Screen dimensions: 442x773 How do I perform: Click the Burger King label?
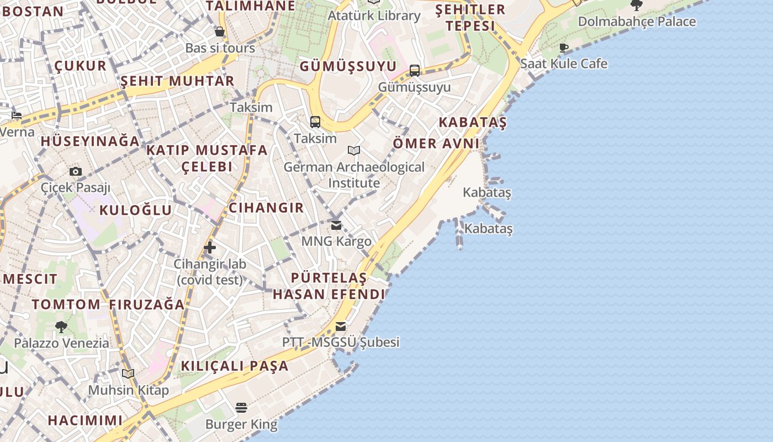pos(241,424)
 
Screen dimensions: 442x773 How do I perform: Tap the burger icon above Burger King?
pos(241,408)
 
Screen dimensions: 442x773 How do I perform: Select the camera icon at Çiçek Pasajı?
pos(76,172)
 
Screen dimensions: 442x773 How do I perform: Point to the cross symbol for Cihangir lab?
pos(210,248)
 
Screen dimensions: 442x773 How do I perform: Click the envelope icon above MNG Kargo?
pos(336,225)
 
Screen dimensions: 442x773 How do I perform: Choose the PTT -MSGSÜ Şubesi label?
pos(341,342)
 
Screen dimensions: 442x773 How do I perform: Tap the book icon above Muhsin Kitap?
pos(128,374)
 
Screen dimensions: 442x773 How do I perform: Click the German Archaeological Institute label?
pos(354,175)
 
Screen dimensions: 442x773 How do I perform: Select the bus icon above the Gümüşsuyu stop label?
pos(415,71)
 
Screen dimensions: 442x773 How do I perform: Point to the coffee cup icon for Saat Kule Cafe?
pos(564,48)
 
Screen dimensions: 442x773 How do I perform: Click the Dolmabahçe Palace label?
pos(637,22)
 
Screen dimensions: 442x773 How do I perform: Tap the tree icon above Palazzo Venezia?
pos(61,327)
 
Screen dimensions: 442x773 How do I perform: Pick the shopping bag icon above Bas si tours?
pos(220,31)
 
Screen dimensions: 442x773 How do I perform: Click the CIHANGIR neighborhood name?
pos(266,208)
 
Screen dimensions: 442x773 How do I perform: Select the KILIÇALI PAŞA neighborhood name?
pos(235,366)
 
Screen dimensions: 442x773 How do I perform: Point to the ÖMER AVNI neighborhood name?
pos(436,144)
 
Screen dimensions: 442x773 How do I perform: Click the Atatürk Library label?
pos(374,15)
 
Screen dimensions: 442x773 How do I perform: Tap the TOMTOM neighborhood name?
pos(66,304)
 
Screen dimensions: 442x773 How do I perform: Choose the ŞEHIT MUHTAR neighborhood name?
pos(177,81)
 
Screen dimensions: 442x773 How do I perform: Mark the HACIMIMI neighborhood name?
pos(85,420)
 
